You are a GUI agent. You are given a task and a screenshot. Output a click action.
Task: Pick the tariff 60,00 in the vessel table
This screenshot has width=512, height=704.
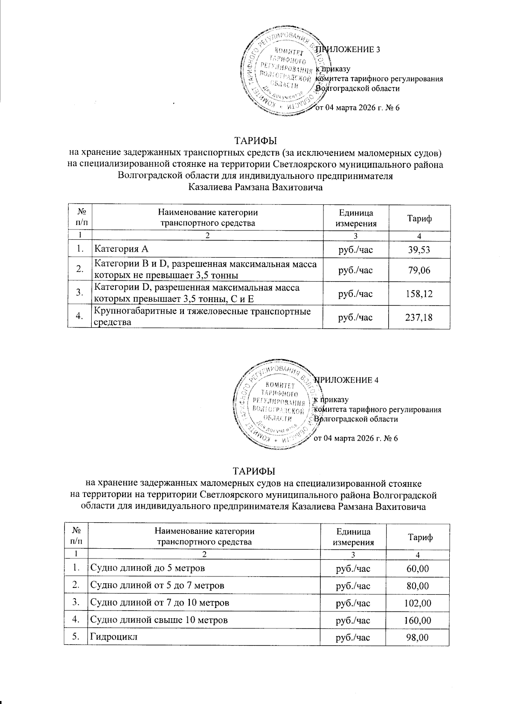418,568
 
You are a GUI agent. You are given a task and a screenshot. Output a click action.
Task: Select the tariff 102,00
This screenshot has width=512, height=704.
418,603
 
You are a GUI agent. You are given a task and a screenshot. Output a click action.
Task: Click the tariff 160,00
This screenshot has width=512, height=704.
418,620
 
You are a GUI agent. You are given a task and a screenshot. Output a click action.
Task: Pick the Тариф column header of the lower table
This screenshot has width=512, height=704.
420,538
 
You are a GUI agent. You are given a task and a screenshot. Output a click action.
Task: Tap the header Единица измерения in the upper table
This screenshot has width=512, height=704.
356,218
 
